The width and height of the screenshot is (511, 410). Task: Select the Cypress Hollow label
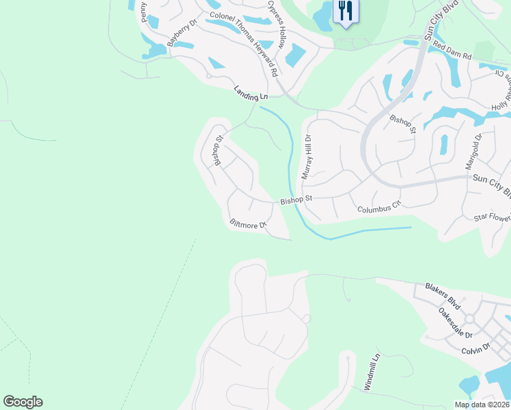click(277, 24)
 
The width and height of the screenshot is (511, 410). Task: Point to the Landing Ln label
click(251, 94)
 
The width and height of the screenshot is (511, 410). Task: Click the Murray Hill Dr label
click(307, 156)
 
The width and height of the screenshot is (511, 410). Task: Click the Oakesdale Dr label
click(456, 324)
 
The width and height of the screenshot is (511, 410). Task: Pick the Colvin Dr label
click(475, 348)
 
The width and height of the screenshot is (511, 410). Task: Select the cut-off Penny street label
click(144, 12)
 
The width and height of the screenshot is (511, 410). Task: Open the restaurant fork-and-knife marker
click(345, 12)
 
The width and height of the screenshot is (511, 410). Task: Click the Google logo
click(23, 402)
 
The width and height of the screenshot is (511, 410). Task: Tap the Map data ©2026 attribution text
click(482, 405)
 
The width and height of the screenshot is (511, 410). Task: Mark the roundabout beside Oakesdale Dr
click(469, 319)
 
